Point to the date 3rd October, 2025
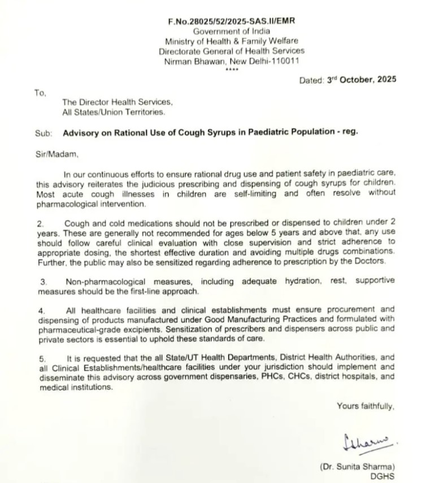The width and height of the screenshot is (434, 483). pyautogui.click(x=361, y=81)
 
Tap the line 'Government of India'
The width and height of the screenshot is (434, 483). pyautogui.click(x=231, y=31)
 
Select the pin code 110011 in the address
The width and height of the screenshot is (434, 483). pyautogui.click(x=286, y=61)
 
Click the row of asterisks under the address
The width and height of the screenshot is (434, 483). pyautogui.click(x=231, y=69)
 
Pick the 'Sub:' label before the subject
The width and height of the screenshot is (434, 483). pyautogui.click(x=43, y=133)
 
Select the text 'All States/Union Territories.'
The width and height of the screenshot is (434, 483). pyautogui.click(x=114, y=112)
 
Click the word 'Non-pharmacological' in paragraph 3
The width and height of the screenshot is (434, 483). pyautogui.click(x=104, y=281)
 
